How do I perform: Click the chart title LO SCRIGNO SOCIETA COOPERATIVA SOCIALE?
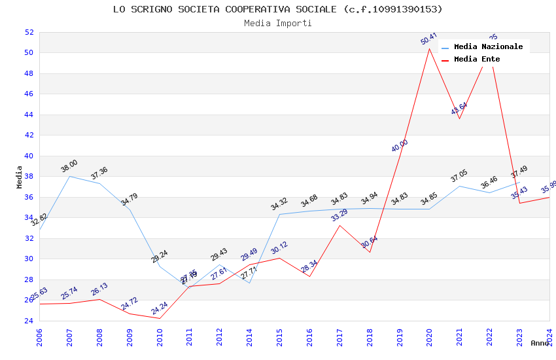(x=277, y=9)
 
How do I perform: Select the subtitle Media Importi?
(x=277, y=23)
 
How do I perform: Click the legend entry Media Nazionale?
(x=488, y=47)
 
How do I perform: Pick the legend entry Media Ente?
(x=476, y=60)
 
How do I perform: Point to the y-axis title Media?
(x=20, y=177)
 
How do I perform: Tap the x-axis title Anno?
(x=540, y=343)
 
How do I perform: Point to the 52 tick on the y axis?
(x=29, y=32)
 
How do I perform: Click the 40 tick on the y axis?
(x=29, y=156)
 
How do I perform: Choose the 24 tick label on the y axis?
(x=29, y=321)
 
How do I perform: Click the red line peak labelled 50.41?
(x=429, y=48)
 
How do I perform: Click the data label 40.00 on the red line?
(x=400, y=146)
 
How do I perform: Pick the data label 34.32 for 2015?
(x=279, y=204)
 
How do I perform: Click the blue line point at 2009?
(x=130, y=209)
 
